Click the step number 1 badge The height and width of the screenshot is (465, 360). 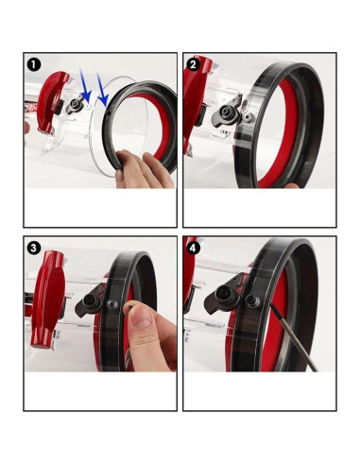[x=33, y=64]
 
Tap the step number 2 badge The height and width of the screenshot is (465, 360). [x=193, y=64]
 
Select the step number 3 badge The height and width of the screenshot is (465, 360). [x=33, y=248]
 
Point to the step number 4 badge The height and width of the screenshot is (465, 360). [x=193, y=248]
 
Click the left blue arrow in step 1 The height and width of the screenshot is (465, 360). [x=84, y=90]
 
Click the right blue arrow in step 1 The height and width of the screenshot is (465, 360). [x=102, y=92]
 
